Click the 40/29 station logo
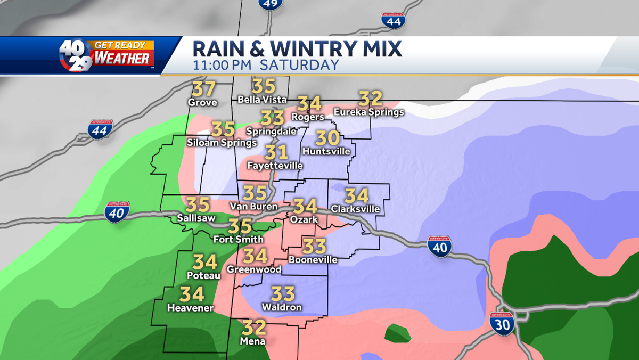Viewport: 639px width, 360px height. [x=75, y=55]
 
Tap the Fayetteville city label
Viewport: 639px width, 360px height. [x=275, y=166]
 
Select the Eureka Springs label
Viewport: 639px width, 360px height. [x=368, y=112]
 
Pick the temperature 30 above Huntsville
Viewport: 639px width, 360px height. [x=327, y=138]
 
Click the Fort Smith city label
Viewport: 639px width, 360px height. [x=238, y=239]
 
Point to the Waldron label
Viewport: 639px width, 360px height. [x=282, y=307]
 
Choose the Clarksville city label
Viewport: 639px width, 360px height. [x=355, y=209]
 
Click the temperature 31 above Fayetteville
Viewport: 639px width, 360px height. [x=276, y=152]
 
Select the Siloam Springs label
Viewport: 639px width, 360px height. [x=222, y=142]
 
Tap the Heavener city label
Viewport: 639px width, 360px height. [x=190, y=308]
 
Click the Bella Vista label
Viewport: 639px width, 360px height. [x=262, y=99]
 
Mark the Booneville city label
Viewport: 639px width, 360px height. [x=313, y=259]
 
